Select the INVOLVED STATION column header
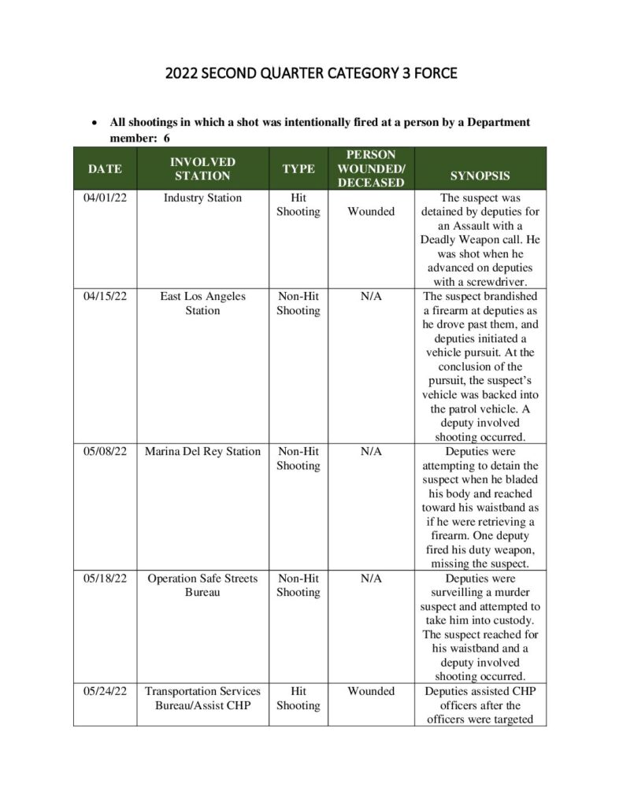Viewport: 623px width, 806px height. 202,168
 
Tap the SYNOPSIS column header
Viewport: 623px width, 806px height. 480,176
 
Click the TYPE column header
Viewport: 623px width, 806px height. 299,168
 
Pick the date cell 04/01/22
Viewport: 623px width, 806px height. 105,198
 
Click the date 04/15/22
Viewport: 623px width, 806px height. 105,297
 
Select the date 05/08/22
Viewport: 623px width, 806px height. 105,452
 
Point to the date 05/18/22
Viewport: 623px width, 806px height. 105,579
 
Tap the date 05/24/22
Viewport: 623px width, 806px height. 105,691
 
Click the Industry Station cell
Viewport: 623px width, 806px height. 202,198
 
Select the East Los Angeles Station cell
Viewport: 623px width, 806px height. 202,303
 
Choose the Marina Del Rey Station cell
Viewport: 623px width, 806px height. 202,452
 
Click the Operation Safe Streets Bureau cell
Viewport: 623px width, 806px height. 202,586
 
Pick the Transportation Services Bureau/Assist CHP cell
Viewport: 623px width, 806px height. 202,698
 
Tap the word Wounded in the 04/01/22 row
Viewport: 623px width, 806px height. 371,212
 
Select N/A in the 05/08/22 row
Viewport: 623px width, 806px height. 371,452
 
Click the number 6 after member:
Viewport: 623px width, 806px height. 167,138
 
